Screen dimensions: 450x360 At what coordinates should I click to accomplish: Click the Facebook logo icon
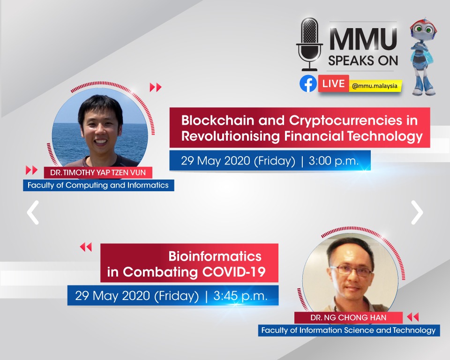pos(308,83)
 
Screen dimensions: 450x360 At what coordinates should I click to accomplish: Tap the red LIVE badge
pos(333,83)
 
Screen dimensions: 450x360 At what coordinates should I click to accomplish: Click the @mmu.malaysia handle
pos(375,86)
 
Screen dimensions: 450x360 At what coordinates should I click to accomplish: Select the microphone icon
pos(309,44)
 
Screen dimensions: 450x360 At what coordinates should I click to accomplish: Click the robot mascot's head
pos(423,28)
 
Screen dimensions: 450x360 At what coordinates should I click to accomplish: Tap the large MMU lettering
pos(363,39)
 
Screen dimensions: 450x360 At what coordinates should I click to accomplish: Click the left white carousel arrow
pos(33,212)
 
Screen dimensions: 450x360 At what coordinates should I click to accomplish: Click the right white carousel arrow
pos(417,212)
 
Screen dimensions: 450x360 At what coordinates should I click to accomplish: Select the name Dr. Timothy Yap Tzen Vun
pos(98,172)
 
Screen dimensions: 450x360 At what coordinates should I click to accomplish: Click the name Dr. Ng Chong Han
pos(348,317)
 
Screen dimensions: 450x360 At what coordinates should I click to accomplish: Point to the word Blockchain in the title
pos(217,120)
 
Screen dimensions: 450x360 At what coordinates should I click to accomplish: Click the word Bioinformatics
pos(215,256)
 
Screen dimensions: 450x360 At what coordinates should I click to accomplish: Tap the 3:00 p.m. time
pos(333,161)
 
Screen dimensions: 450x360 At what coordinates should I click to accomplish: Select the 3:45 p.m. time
pos(240,296)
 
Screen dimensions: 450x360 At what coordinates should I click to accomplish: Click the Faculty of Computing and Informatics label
pos(98,185)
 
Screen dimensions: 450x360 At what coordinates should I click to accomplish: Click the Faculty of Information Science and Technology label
pos(348,330)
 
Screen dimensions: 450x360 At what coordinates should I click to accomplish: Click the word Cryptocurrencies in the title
pos(345,121)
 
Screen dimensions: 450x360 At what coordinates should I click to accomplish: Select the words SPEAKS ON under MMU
pos(363,60)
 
